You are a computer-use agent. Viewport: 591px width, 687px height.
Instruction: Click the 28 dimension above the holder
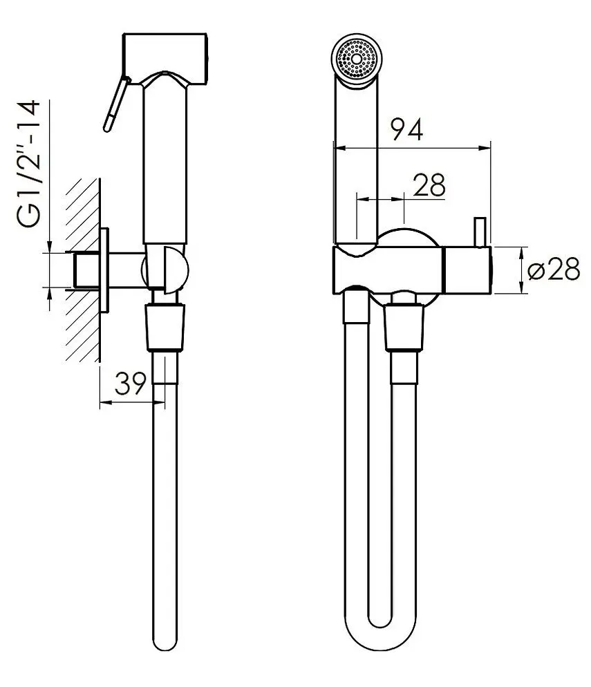[429, 185]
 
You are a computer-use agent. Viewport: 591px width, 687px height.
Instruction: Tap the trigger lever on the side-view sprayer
[115, 104]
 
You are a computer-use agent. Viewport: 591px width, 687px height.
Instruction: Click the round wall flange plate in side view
[105, 270]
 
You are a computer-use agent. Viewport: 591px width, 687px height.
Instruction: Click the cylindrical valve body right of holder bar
[468, 270]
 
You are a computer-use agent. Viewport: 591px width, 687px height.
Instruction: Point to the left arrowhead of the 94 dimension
[337, 147]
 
